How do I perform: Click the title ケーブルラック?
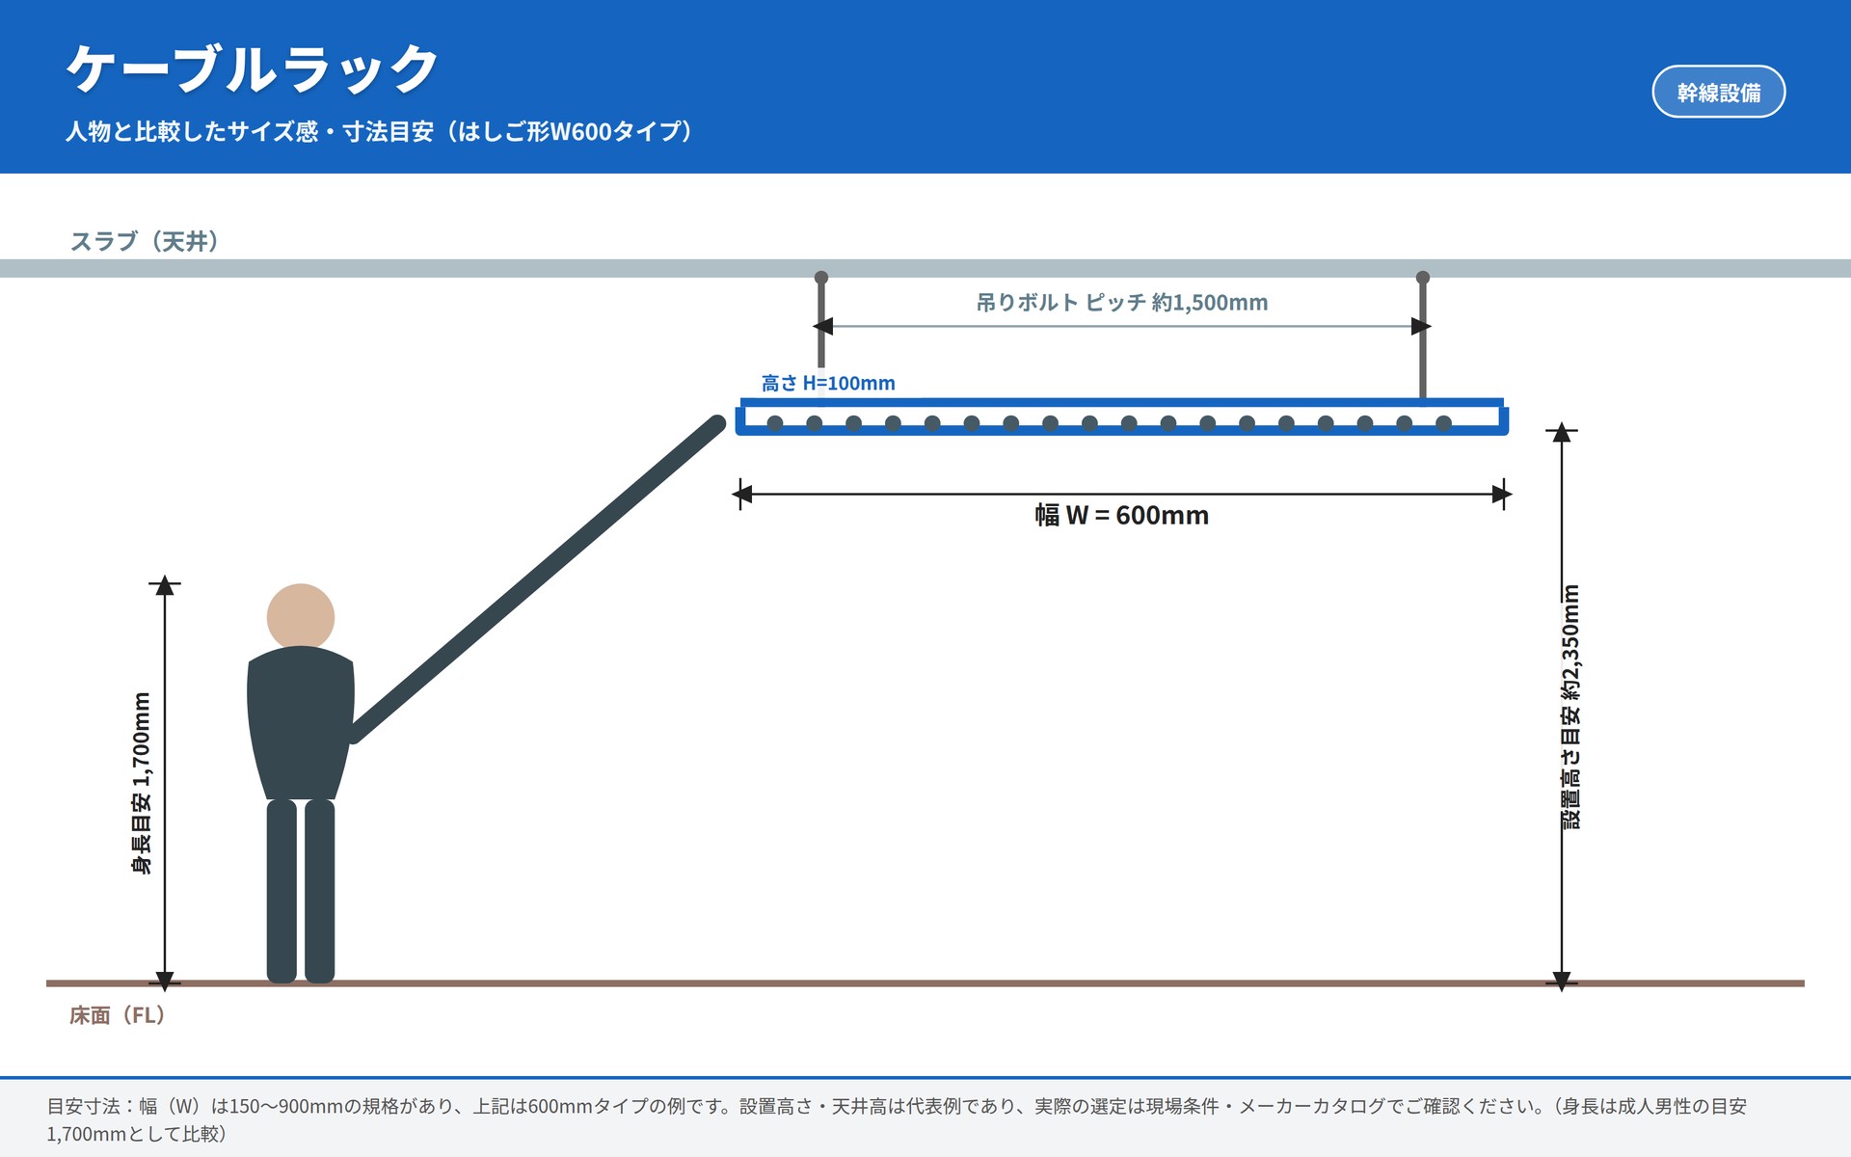[x=253, y=69]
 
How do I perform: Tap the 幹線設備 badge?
[x=1718, y=93]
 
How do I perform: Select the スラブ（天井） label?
[x=145, y=241]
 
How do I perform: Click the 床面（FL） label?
[x=118, y=1015]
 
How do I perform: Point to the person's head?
[x=301, y=617]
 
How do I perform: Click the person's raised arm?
[x=536, y=578]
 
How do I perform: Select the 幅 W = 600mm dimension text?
[x=1122, y=516]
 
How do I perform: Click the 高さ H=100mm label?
[x=828, y=384]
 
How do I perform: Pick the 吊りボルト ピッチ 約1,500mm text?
[x=1122, y=303]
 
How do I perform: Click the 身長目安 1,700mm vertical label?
[x=142, y=783]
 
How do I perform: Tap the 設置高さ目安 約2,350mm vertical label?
[x=1571, y=707]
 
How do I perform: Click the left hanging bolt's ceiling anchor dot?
[x=821, y=278]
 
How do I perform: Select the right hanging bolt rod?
[x=1423, y=337]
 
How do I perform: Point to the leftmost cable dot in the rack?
[x=775, y=422]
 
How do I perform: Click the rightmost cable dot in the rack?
[x=1443, y=422]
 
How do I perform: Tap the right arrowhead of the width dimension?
[x=1502, y=495]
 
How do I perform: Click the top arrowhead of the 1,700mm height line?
[x=165, y=585]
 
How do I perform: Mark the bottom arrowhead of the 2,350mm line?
[x=1562, y=980]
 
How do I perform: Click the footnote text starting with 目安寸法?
[x=897, y=1119]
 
